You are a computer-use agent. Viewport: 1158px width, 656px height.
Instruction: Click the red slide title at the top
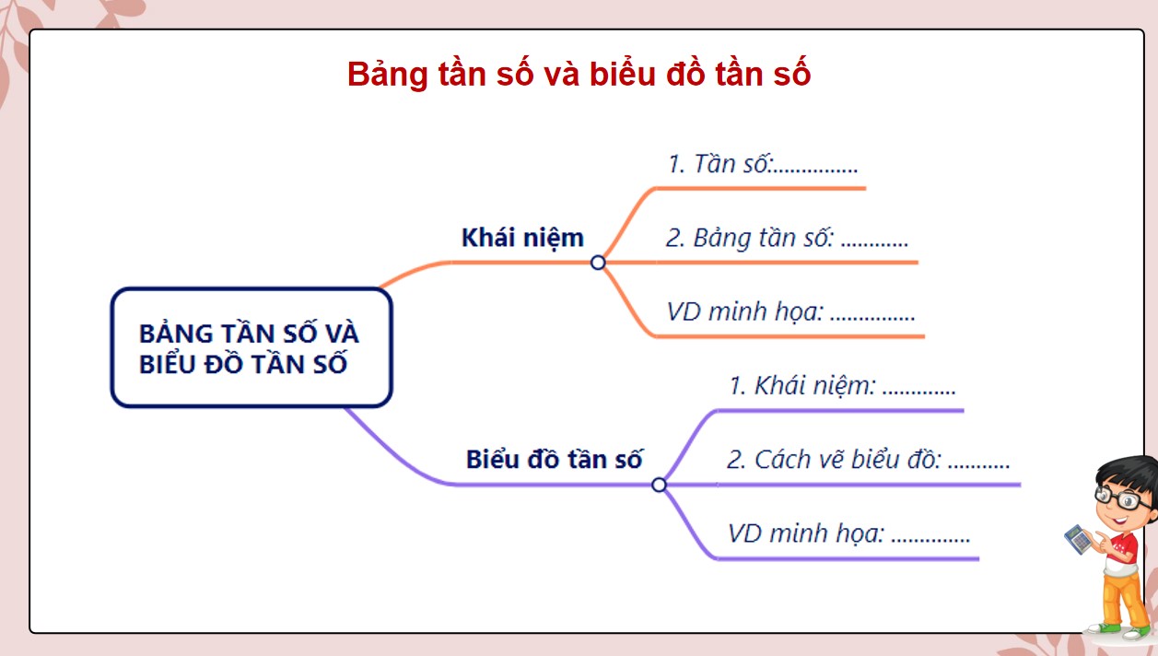(x=579, y=74)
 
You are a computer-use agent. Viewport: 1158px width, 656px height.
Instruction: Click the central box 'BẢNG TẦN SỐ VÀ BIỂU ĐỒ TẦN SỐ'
(x=251, y=347)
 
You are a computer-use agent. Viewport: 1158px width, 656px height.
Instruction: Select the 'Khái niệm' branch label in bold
(x=522, y=238)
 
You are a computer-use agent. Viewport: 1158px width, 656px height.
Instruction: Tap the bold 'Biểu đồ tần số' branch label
(x=554, y=459)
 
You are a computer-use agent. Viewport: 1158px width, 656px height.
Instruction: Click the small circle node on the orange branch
(x=598, y=263)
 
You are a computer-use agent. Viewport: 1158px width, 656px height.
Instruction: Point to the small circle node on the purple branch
(x=659, y=485)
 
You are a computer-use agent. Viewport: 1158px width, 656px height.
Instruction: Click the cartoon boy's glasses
(x=1122, y=498)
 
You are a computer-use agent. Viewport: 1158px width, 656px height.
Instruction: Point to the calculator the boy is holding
(x=1077, y=538)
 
